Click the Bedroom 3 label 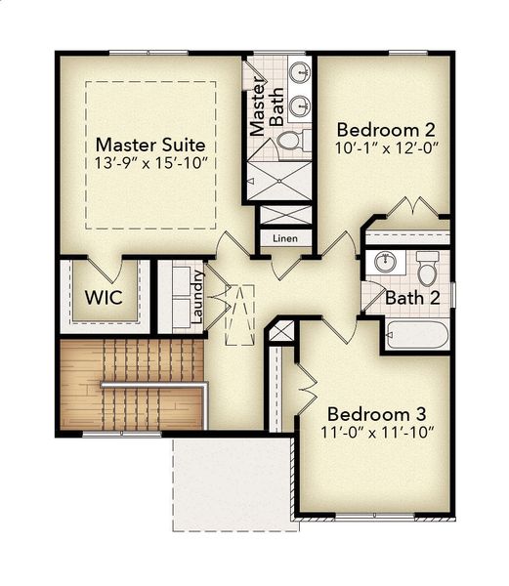click(x=375, y=411)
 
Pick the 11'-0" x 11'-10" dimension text click(x=375, y=431)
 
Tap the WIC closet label click(x=104, y=297)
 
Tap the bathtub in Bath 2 click(x=416, y=335)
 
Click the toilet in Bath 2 click(x=428, y=267)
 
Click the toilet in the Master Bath click(x=290, y=142)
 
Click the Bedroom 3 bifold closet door click(x=305, y=389)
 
